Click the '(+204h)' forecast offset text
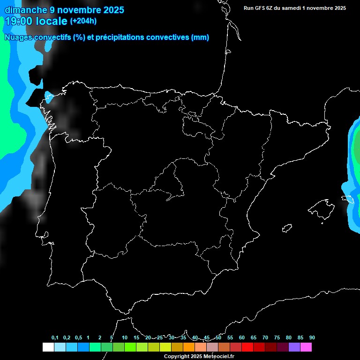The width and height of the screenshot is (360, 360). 83,21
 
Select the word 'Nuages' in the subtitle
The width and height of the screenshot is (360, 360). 18,37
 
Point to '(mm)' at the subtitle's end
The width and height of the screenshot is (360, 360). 200,37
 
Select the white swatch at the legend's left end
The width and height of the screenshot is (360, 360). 48,347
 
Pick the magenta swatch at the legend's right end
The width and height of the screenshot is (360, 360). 306,347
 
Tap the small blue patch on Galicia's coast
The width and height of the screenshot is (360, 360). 48,97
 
